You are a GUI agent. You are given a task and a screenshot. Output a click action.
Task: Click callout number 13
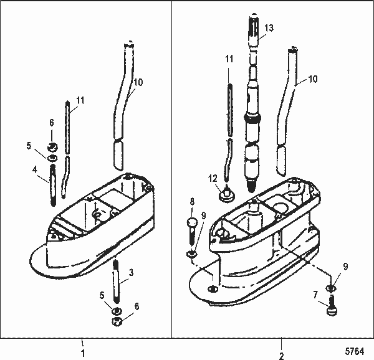(x=269, y=29)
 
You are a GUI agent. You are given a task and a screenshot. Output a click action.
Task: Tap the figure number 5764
(x=355, y=351)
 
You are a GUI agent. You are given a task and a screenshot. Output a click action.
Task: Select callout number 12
(x=213, y=179)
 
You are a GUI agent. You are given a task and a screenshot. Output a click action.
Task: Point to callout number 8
(x=192, y=201)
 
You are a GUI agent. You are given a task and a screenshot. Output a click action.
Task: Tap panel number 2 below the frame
(x=281, y=356)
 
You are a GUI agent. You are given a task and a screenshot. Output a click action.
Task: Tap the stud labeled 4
(x=52, y=189)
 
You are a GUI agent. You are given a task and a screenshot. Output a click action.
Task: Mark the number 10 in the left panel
(x=138, y=82)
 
